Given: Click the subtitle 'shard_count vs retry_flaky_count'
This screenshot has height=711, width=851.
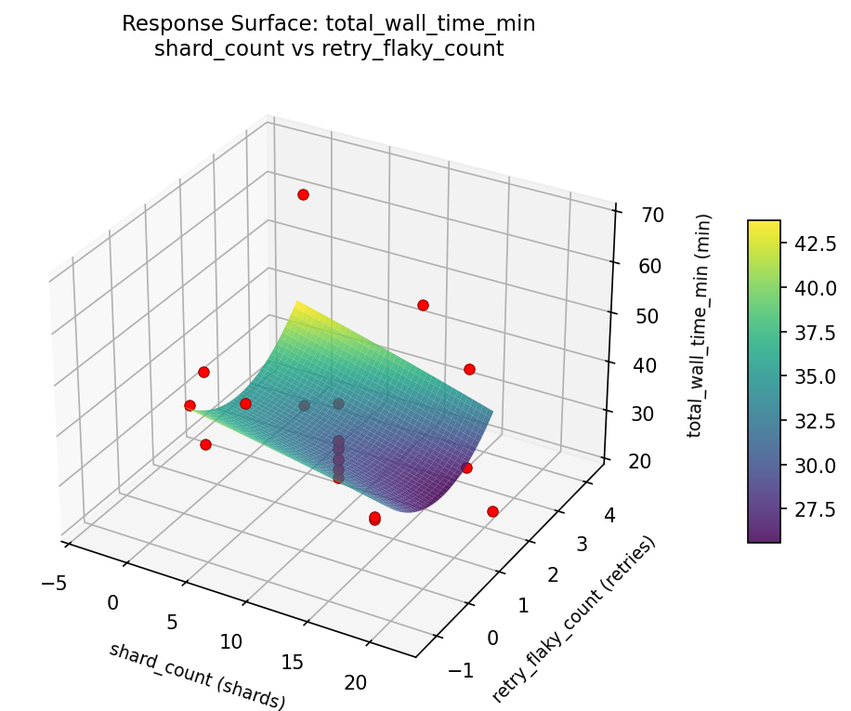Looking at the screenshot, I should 328,49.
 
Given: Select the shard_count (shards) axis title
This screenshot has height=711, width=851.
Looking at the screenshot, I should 197,676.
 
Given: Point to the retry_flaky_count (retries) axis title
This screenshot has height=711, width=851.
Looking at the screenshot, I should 573,619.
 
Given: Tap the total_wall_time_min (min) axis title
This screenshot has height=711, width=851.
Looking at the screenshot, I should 704,325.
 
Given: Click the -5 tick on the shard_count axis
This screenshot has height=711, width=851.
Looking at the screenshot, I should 53,583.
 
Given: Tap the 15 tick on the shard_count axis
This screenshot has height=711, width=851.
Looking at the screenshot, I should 293,662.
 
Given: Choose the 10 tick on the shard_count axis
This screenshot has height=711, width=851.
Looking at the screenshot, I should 231,641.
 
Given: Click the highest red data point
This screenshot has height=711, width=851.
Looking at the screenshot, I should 303,194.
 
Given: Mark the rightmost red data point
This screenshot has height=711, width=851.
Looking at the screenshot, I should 492,511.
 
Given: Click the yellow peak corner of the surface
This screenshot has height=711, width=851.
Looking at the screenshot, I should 295,302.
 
